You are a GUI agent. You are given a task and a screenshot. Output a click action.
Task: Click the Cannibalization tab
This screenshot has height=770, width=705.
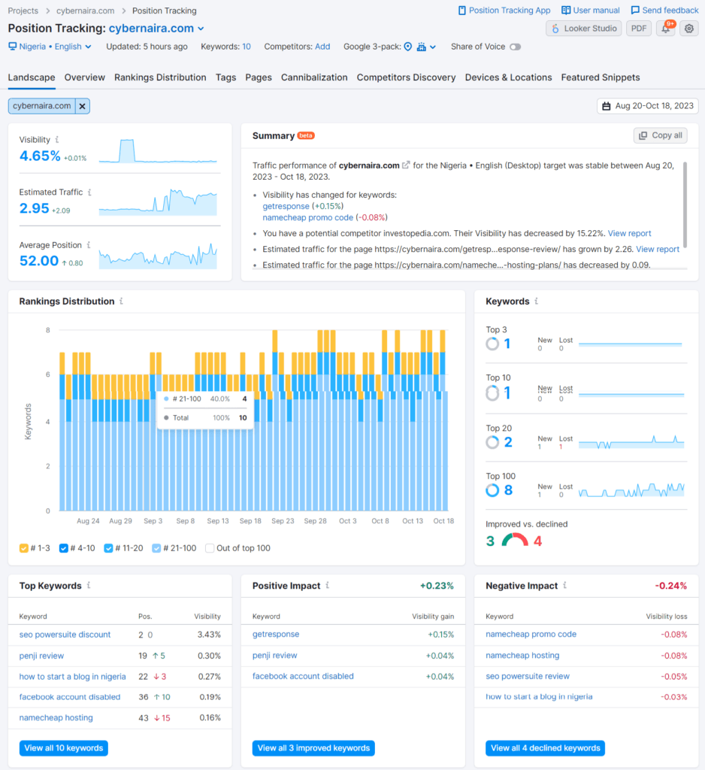[x=314, y=77]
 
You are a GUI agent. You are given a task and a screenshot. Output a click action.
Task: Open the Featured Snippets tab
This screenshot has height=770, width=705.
[x=600, y=77]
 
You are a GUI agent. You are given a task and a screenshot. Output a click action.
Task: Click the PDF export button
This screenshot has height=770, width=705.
[x=638, y=29]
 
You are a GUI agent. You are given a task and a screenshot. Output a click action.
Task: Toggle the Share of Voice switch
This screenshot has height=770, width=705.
[x=515, y=47]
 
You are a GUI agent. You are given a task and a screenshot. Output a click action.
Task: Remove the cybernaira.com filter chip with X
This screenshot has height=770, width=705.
[x=83, y=106]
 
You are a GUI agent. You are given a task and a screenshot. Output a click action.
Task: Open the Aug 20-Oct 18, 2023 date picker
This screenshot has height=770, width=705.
[x=647, y=106]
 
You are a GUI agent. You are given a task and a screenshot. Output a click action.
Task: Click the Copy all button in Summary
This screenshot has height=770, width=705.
[x=660, y=135]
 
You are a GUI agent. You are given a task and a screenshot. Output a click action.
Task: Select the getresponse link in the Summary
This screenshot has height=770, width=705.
[x=286, y=206]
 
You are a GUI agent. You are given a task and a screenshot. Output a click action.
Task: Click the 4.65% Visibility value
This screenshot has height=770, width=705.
[x=40, y=156]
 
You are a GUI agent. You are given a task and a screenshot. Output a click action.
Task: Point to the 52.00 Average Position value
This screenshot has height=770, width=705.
[x=39, y=261]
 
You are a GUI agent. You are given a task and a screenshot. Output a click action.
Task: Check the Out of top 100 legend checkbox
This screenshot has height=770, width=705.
[x=210, y=548]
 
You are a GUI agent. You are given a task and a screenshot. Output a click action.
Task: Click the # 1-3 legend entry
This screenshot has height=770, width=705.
[x=35, y=548]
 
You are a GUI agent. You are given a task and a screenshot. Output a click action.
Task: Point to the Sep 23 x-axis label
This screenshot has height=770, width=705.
[x=283, y=521]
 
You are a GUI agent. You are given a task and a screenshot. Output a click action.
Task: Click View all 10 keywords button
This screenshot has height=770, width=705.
[x=64, y=748]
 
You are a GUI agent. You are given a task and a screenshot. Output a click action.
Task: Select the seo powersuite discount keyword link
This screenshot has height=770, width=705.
[x=65, y=635]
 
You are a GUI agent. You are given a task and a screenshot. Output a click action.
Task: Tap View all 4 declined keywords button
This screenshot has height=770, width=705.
[x=545, y=748]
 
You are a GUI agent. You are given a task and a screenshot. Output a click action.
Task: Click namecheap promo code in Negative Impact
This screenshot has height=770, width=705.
[x=531, y=635]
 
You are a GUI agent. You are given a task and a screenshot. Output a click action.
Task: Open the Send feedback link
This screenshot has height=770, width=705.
[x=664, y=11]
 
